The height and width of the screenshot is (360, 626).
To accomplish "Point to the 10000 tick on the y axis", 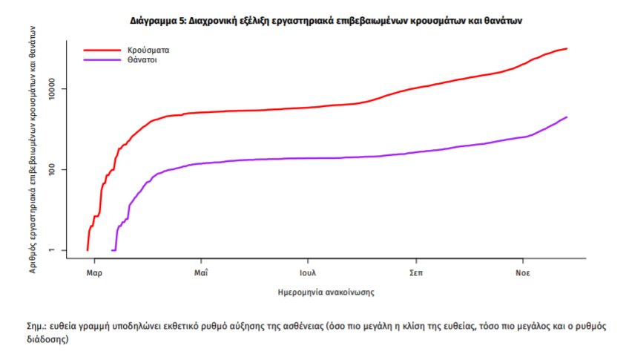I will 57,89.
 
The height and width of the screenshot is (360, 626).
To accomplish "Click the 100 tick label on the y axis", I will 57,169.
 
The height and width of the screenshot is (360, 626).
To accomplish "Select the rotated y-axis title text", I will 33,148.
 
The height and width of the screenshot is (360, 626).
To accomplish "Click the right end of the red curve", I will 567,49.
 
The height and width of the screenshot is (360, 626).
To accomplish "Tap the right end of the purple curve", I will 567,117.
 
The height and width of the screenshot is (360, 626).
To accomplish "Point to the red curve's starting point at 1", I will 88,250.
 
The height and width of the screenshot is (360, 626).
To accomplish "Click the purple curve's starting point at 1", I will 113,250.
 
